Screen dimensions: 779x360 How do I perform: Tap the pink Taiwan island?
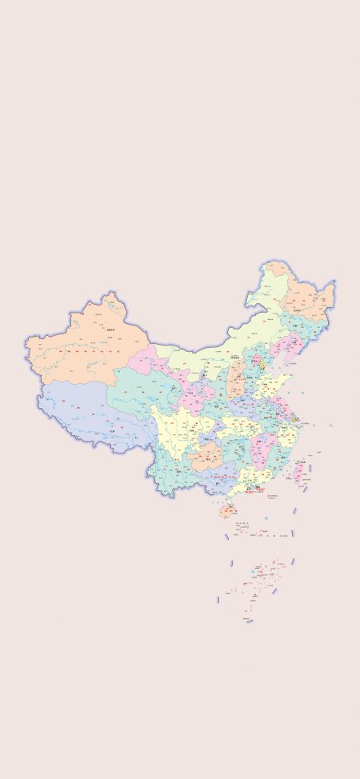click(x=301, y=472)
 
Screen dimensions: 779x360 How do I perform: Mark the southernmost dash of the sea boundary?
click(x=249, y=621)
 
